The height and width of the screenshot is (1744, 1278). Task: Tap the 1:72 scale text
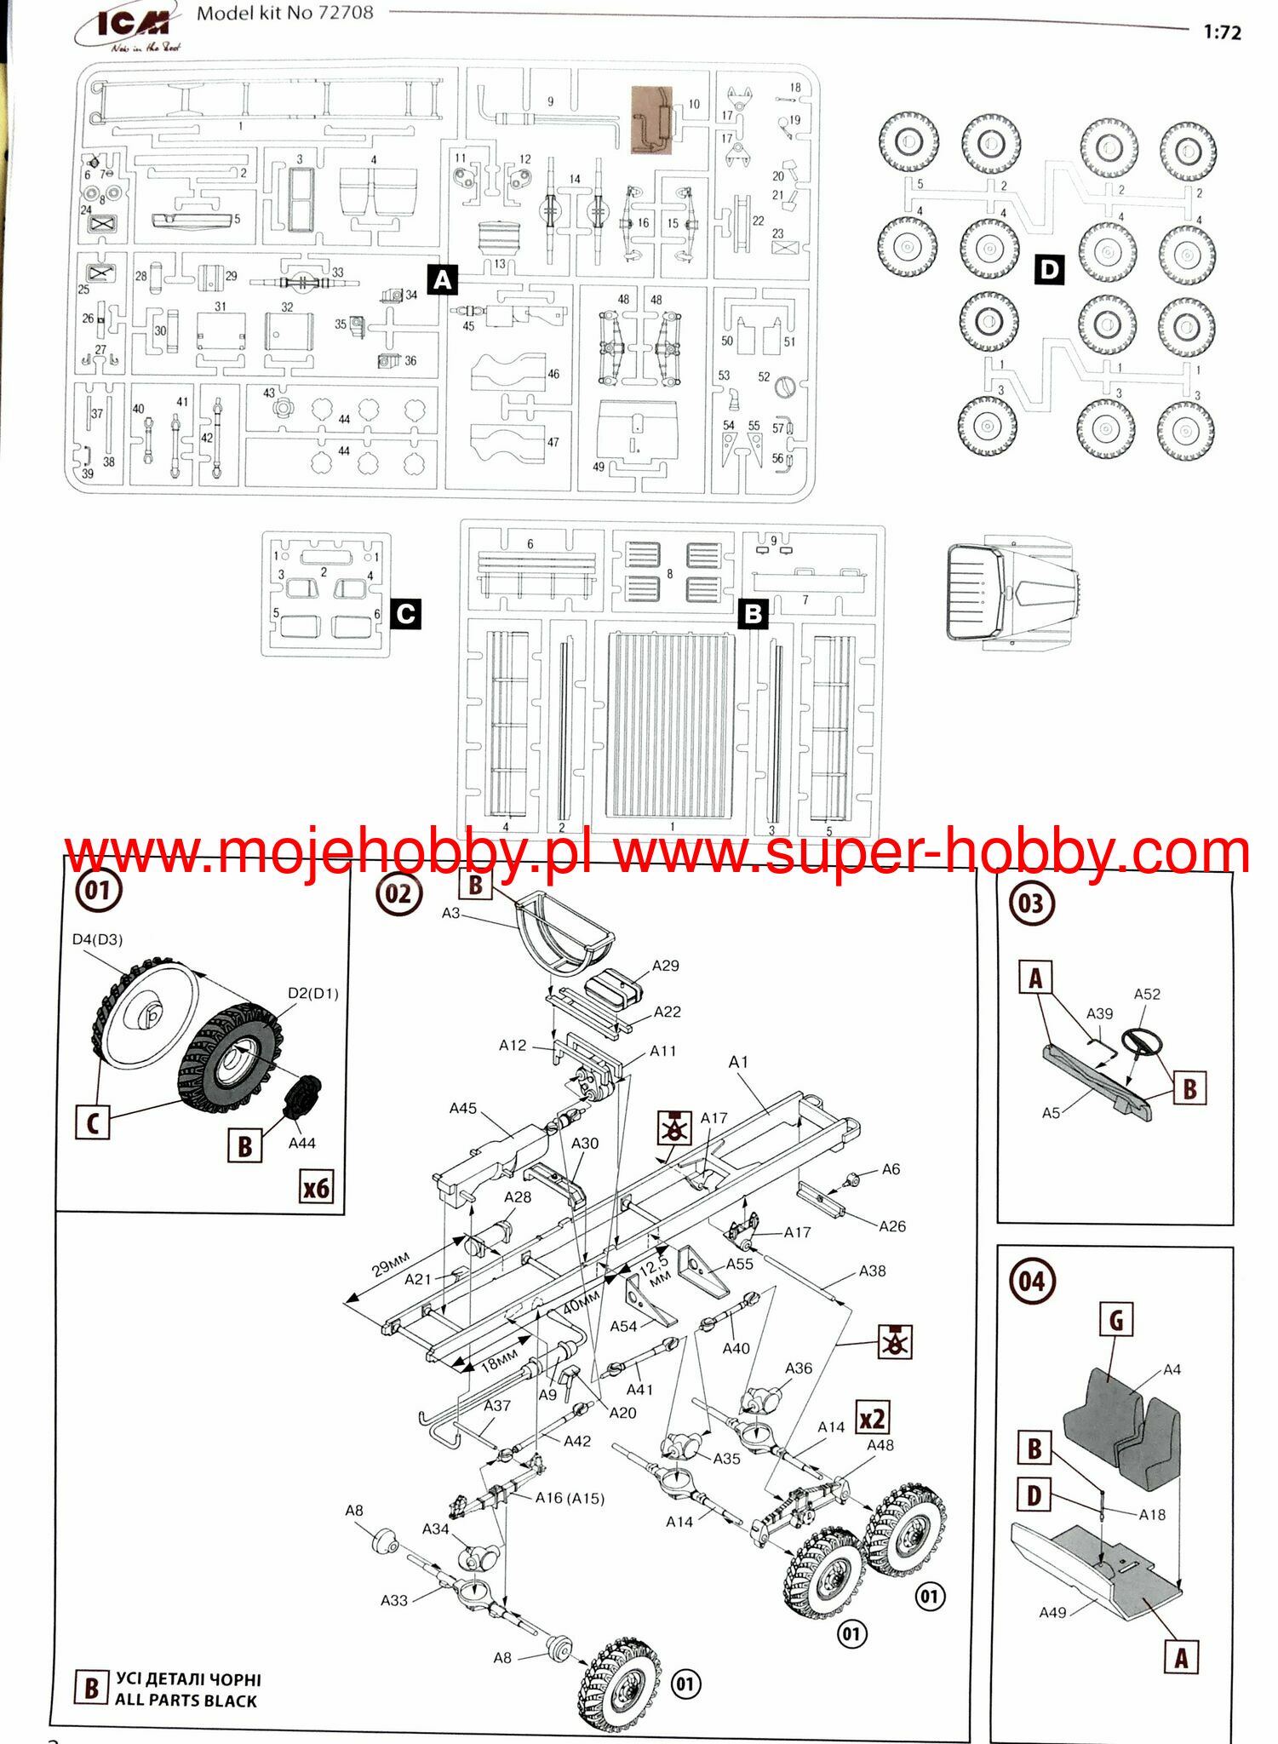[1222, 32]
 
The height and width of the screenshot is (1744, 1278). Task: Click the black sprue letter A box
[442, 279]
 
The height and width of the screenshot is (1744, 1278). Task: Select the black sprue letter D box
[1049, 270]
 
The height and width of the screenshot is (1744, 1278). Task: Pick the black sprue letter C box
[405, 614]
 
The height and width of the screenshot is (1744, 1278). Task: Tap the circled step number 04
[1031, 1281]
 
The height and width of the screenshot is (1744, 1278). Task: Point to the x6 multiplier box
[316, 1187]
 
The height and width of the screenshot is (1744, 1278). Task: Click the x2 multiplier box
[873, 1419]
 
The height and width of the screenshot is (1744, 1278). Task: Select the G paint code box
[1115, 1321]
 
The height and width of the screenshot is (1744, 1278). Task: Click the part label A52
[1147, 994]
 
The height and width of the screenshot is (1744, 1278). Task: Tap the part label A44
[301, 1143]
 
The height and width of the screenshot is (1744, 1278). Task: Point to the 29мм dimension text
[391, 1264]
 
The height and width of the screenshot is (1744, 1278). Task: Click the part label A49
[1052, 1612]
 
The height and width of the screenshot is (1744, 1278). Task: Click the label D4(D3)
[97, 939]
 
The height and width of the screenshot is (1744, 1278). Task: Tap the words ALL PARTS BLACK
[186, 1701]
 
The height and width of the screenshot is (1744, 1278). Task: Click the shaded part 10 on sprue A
[652, 120]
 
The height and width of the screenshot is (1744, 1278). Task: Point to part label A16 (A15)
[570, 1498]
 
